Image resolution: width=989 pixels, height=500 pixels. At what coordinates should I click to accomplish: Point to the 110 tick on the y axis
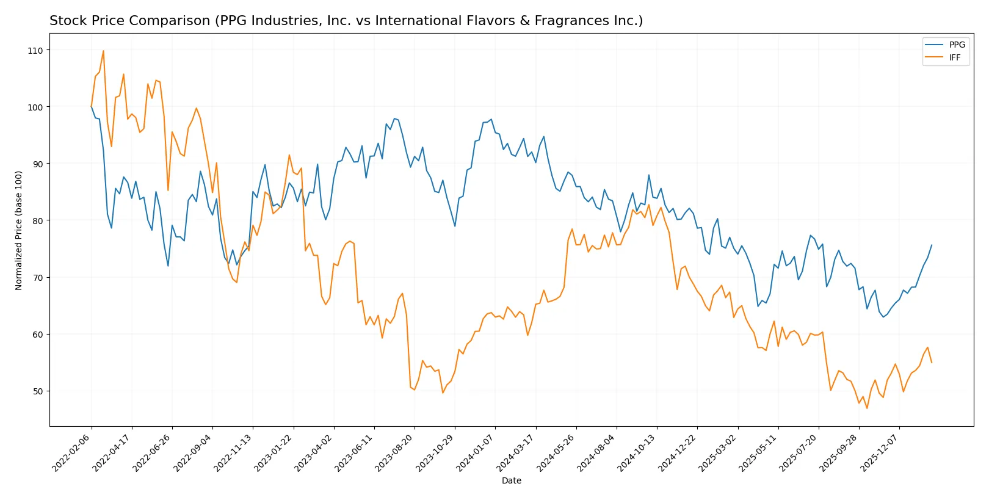(35, 51)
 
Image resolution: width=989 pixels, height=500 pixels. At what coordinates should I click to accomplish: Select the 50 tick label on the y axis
(35, 391)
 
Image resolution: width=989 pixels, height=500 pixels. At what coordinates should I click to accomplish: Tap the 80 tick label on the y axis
(35, 221)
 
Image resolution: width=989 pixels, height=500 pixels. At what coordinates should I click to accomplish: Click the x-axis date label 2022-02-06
(72, 452)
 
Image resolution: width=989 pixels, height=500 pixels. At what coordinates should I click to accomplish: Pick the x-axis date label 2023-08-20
(395, 452)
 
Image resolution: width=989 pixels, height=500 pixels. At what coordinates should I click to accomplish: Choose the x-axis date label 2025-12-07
(880, 452)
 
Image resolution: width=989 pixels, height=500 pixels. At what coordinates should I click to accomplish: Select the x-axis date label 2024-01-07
(476, 452)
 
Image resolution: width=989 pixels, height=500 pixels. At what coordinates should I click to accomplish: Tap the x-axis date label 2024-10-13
(637, 452)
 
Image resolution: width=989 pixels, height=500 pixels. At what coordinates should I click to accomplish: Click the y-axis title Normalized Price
(19, 230)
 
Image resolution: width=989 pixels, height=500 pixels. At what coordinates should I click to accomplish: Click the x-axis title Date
(511, 480)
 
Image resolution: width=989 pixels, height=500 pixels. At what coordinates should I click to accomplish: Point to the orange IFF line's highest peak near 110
(103, 51)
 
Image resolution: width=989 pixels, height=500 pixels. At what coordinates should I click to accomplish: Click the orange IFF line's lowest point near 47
(867, 408)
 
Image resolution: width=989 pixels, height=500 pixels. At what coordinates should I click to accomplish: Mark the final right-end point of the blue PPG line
(932, 245)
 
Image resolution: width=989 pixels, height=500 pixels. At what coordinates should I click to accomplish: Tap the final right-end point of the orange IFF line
(932, 363)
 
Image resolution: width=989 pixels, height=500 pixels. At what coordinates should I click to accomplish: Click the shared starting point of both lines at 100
(92, 107)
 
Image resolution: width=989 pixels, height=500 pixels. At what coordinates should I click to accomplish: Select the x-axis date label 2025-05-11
(758, 452)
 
